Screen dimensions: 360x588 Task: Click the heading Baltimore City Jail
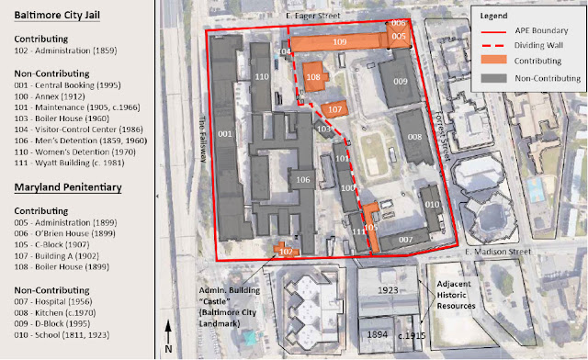point(63,15)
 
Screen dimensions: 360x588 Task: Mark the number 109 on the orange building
point(339,42)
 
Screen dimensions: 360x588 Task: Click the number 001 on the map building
point(222,135)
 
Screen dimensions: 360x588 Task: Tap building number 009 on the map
point(401,83)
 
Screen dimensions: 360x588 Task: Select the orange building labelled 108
point(313,78)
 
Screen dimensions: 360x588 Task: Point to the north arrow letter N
point(169,348)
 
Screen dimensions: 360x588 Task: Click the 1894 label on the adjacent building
point(378,334)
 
